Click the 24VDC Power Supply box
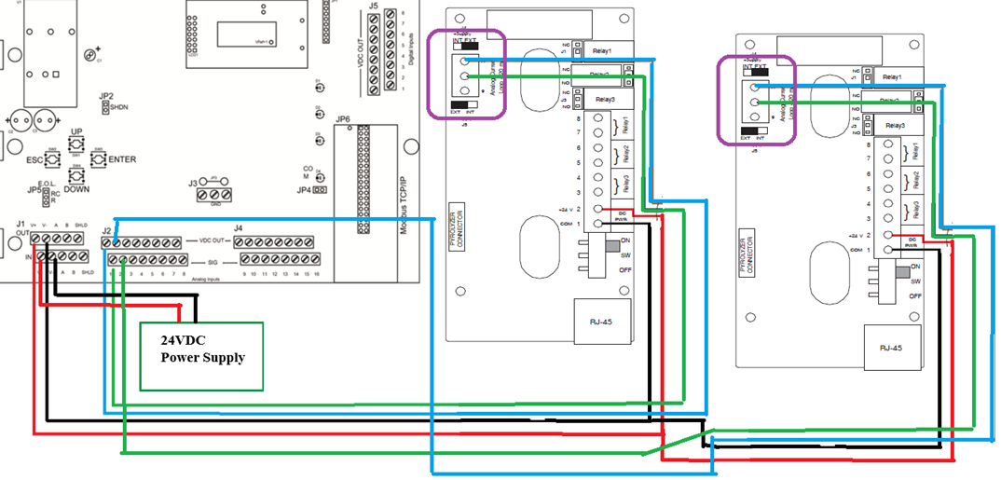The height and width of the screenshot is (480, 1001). (201, 356)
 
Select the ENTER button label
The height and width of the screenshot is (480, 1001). (121, 159)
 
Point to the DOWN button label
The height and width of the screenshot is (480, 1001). (77, 188)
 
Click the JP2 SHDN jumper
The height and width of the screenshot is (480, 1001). (105, 108)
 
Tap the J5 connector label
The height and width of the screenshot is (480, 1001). (373, 7)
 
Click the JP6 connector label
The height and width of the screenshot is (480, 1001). (342, 119)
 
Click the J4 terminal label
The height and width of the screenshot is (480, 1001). (239, 228)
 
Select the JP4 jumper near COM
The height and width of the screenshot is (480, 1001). (320, 190)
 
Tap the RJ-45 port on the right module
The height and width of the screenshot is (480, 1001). (890, 347)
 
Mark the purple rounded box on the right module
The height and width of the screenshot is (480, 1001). (756, 100)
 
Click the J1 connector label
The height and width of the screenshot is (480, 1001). (20, 225)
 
